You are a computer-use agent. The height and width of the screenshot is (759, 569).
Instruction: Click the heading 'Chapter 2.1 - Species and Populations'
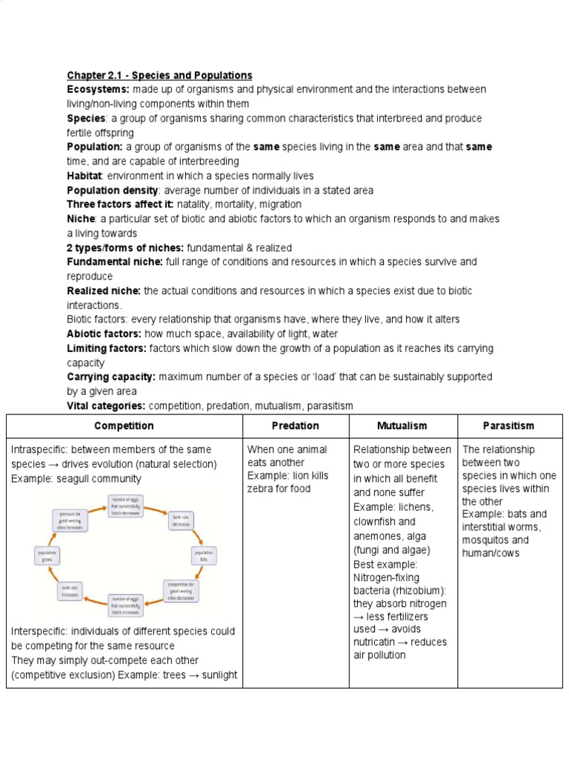coord(159,76)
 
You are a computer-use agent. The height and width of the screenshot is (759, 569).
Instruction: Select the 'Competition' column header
coord(124,426)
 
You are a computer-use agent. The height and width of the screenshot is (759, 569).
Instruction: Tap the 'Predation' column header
coord(296,426)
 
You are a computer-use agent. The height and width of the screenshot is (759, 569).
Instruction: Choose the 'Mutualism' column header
coord(402,426)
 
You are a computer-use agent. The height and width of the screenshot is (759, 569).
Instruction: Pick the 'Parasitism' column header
coord(508,426)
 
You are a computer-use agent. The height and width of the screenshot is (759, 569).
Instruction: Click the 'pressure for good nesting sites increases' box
coord(70,518)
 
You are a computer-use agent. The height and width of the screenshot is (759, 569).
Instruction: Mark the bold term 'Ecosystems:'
coord(99,90)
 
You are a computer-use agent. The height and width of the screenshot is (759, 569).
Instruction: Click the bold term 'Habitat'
coord(84,176)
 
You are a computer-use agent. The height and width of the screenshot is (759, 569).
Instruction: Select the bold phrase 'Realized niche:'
coord(104,291)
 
